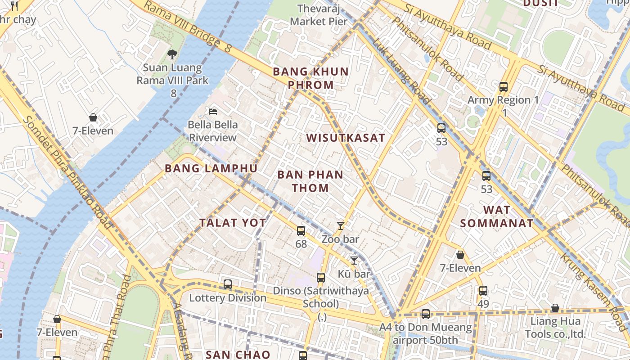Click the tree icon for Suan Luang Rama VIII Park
pyautogui.click(x=172, y=54)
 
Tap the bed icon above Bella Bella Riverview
pyautogui.click(x=213, y=111)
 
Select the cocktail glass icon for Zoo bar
pyautogui.click(x=341, y=226)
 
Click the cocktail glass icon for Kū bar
pyautogui.click(x=354, y=260)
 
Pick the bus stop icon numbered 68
pyautogui.click(x=301, y=231)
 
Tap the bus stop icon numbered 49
pyautogui.click(x=483, y=291)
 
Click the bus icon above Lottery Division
pyautogui.click(x=228, y=284)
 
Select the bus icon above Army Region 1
pyautogui.click(x=504, y=87)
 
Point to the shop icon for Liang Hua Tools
pyautogui.click(x=555, y=308)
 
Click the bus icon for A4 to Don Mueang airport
pyautogui.click(x=426, y=314)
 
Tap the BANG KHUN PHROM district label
pyautogui.click(x=310, y=78)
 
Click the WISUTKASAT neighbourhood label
pyautogui.click(x=346, y=138)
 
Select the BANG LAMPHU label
pyautogui.click(x=211, y=169)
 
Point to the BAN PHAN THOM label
pyautogui.click(x=310, y=181)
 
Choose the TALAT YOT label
pyautogui.click(x=233, y=223)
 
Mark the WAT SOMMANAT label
pyautogui.click(x=497, y=216)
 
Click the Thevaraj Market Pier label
pyautogui.click(x=319, y=15)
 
